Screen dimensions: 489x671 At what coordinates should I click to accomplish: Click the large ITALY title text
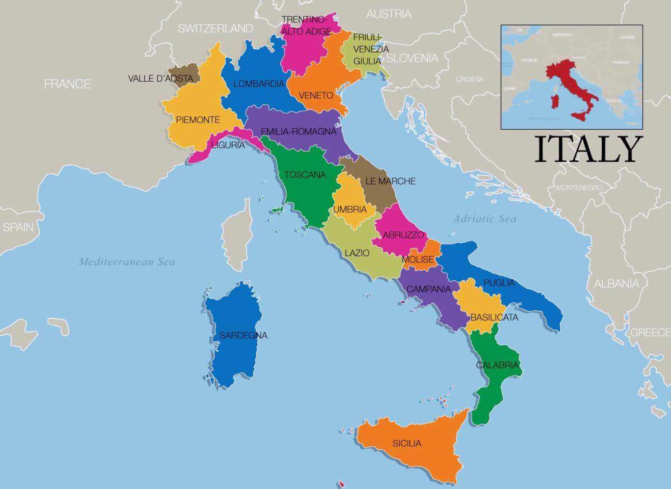click(x=587, y=149)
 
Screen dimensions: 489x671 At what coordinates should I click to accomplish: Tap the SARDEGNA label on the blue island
click(x=243, y=336)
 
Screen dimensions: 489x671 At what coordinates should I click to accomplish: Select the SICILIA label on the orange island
click(x=407, y=444)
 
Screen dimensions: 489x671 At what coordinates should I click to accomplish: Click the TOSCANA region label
click(x=305, y=175)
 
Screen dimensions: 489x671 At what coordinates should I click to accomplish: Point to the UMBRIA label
click(x=350, y=210)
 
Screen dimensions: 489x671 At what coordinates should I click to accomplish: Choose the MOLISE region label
click(x=418, y=260)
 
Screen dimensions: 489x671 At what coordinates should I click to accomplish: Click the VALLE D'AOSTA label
click(x=160, y=79)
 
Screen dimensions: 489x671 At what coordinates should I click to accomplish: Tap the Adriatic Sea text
click(x=485, y=219)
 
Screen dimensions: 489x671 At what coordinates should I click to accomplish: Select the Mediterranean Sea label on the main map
click(x=127, y=261)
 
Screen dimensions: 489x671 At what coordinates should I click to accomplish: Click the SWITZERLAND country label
click(x=215, y=29)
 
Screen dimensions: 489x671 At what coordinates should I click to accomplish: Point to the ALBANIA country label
click(x=616, y=284)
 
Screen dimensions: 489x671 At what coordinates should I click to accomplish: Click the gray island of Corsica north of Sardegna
click(x=237, y=235)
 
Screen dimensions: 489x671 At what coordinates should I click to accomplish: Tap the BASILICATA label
click(x=494, y=317)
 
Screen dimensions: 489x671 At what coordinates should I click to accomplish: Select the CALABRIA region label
click(x=498, y=365)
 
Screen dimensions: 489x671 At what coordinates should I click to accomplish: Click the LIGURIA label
click(x=228, y=145)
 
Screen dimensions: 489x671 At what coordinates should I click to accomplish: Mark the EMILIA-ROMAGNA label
click(x=299, y=132)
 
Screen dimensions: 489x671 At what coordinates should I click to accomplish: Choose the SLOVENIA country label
click(x=412, y=58)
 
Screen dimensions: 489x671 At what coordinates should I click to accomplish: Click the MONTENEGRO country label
click(x=579, y=187)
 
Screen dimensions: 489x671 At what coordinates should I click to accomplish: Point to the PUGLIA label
click(x=499, y=283)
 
